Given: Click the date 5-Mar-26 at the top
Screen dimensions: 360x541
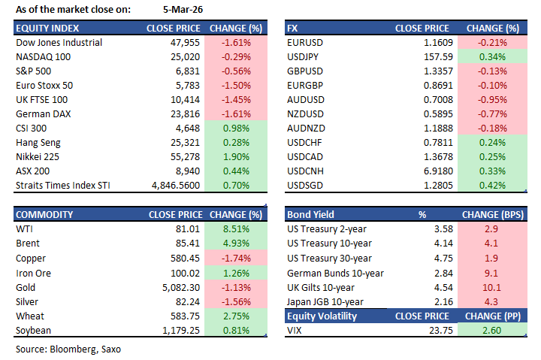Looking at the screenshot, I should tap(180, 10).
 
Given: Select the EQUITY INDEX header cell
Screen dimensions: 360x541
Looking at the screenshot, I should tap(44, 29).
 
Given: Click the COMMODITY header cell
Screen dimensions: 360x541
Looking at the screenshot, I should tap(44, 215).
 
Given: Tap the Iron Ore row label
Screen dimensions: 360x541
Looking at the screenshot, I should tap(33, 272).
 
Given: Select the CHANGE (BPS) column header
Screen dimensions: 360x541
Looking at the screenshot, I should tap(492, 215).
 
